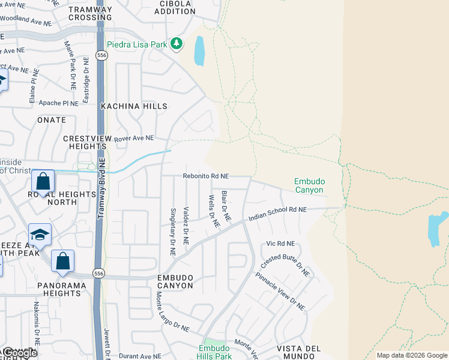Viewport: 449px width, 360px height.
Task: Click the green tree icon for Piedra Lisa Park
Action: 176,43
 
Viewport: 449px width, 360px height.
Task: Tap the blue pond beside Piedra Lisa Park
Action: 199,51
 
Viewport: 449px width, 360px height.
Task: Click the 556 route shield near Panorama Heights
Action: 98,273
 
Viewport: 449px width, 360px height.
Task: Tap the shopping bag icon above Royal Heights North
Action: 43,181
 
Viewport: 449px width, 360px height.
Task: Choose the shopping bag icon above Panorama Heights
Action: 62,261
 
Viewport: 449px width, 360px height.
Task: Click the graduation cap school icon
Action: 40,235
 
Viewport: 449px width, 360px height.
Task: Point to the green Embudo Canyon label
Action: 309,185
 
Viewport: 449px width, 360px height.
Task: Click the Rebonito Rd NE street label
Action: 206,176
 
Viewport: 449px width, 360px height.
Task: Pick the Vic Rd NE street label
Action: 280,244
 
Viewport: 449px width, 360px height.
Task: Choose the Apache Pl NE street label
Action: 58,103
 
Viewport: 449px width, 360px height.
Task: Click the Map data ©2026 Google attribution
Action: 412,355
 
